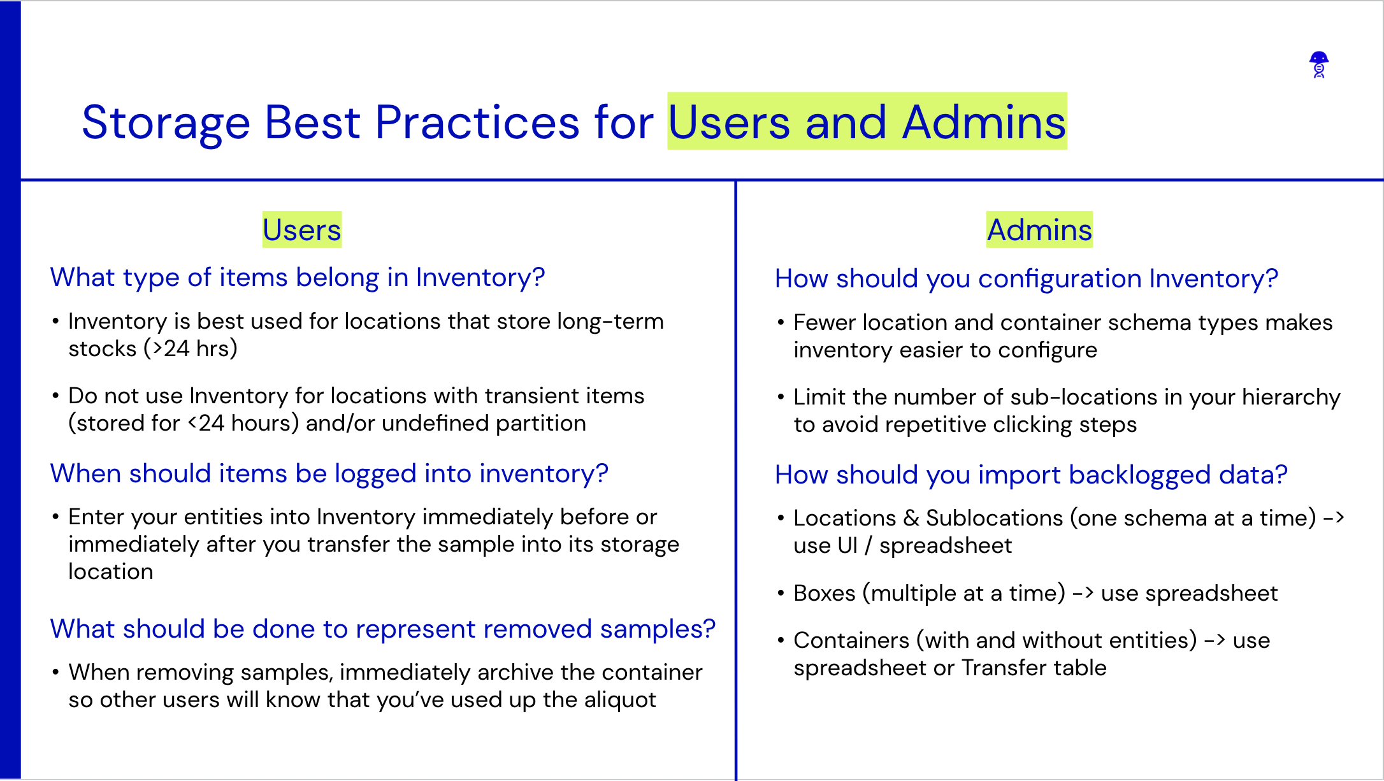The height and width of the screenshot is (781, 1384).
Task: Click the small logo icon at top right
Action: (x=1319, y=65)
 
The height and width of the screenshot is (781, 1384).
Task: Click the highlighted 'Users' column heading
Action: (x=301, y=230)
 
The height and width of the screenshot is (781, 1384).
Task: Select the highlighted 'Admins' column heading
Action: (x=1039, y=230)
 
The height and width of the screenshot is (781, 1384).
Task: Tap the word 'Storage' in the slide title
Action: (x=166, y=122)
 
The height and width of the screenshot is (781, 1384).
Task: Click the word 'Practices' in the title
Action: (x=477, y=122)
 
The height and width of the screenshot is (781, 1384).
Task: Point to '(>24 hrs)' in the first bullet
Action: (x=191, y=348)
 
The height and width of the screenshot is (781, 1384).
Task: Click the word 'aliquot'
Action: (x=619, y=700)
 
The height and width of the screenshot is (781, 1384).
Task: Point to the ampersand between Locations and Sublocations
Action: (x=911, y=519)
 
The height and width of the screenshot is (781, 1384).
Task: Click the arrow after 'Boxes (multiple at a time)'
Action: (x=1083, y=594)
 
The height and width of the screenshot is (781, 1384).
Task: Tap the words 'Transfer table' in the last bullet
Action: (x=1034, y=668)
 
